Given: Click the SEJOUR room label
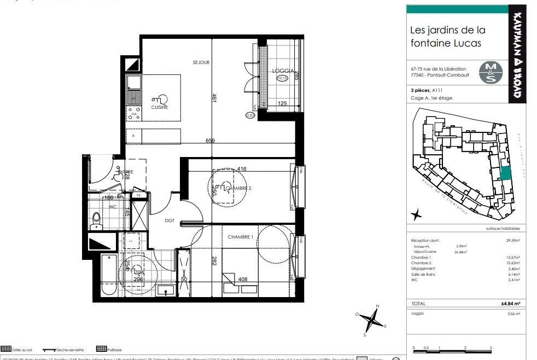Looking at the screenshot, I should click(201, 62).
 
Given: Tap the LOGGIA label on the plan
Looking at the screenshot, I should click(283, 71).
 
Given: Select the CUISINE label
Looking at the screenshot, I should click(160, 107).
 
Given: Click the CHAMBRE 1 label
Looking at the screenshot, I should click(241, 236).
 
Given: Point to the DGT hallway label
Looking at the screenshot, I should click(170, 220).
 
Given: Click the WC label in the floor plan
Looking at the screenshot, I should click(113, 207).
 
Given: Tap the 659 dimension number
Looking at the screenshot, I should click(210, 141).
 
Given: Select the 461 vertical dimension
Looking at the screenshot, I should click(215, 98).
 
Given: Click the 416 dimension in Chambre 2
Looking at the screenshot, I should click(242, 169).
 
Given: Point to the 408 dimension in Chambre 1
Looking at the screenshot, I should click(243, 279).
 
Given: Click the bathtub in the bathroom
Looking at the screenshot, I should click(108, 275).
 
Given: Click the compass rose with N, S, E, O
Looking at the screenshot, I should click(371, 320).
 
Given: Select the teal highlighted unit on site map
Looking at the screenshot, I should click(506, 173).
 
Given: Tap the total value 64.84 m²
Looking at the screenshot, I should click(510, 303).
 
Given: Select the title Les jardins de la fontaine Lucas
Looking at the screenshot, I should click(447, 36).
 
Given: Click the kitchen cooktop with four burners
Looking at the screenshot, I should click(134, 113).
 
